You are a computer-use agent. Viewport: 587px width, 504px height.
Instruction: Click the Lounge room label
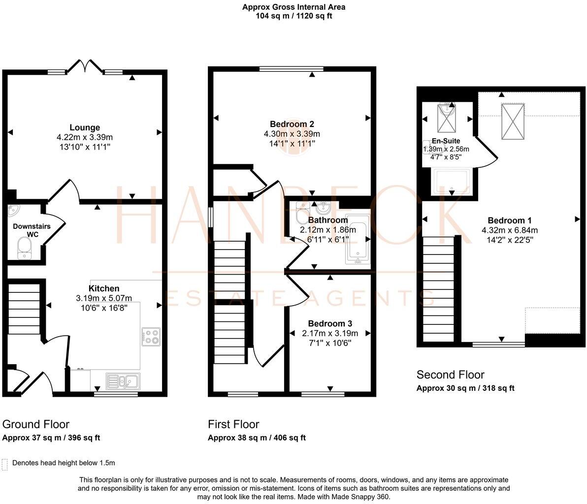tap(85, 127)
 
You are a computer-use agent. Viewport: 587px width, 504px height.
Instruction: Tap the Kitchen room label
tap(103, 288)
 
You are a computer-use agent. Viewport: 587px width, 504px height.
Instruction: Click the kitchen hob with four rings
tap(151, 337)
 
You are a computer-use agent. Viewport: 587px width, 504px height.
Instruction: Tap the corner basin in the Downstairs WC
tap(13, 211)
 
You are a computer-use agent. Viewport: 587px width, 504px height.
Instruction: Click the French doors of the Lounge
tap(85, 66)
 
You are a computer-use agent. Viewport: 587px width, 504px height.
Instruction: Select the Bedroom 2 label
tap(292, 124)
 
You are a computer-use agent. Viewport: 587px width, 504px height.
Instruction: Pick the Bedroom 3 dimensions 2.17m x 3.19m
tap(330, 333)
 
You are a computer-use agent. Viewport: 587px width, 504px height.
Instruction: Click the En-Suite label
tap(446, 141)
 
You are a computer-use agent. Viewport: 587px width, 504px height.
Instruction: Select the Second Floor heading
tap(450, 375)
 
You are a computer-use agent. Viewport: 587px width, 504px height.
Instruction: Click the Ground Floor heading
tap(36, 424)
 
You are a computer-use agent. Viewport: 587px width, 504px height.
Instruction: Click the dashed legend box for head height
tap(5, 464)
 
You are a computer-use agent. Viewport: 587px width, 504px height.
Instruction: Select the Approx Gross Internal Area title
tap(293, 7)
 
